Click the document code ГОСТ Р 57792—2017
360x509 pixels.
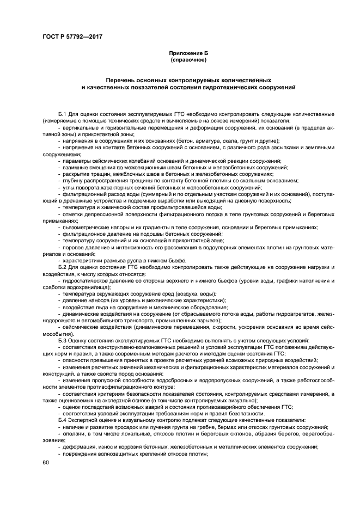click(72, 36)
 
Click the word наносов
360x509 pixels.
click(96, 301)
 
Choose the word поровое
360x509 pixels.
click(74, 248)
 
